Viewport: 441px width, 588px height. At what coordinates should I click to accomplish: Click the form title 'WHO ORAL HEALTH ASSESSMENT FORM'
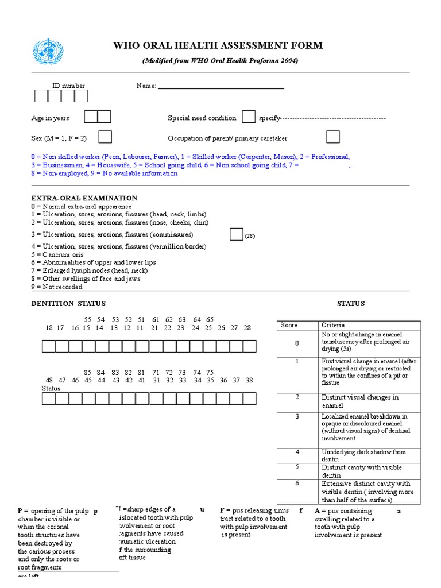point(218,46)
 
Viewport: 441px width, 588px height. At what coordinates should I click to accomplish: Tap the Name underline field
point(221,87)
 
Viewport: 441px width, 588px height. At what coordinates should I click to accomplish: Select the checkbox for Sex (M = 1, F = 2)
point(105,137)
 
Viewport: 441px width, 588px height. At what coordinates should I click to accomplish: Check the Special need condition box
point(248,117)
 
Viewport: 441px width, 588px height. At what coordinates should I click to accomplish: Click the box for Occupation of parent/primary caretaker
point(332,137)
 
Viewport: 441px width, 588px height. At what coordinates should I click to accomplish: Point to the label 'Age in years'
point(50,118)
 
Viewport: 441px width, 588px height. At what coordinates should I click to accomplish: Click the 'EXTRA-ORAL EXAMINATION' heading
point(84,198)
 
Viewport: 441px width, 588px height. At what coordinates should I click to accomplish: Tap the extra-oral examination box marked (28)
point(236,234)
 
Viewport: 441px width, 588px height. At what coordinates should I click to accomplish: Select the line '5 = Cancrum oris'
point(57,254)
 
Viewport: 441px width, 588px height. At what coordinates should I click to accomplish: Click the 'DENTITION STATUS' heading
point(68,304)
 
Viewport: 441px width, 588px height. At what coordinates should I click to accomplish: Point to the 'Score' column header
point(289,325)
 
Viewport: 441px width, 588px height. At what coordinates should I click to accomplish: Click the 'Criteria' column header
point(333,325)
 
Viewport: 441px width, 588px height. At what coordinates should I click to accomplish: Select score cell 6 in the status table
point(297,483)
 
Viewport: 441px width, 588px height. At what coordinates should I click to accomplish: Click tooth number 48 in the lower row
point(49,380)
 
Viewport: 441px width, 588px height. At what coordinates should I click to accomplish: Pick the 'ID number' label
point(68,86)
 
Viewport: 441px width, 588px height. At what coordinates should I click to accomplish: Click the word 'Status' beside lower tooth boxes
point(51,389)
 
